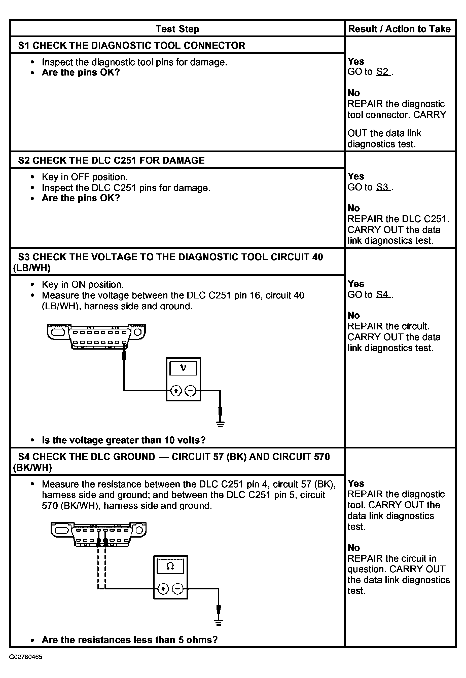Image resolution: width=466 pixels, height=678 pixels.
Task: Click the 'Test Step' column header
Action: pos(177,29)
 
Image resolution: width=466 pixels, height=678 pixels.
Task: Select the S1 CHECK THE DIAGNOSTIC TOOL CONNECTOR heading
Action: pos(131,46)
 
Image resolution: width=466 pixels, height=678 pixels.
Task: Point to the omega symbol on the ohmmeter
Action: pos(170,566)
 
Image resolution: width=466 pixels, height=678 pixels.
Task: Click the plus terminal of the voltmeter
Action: pos(176,391)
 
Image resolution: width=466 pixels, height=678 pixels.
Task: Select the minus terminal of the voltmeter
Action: pos(190,391)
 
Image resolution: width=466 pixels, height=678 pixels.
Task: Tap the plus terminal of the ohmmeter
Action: pos(163,589)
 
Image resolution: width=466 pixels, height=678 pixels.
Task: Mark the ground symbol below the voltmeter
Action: pos(221,424)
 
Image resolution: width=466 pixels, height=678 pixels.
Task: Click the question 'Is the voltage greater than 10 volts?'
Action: pos(124,440)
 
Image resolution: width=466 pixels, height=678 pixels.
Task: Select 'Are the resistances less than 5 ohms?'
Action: pos(130,640)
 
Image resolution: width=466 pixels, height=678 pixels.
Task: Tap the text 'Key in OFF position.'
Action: pos(85,177)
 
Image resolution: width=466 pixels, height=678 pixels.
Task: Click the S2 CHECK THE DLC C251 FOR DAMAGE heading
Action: pos(111,161)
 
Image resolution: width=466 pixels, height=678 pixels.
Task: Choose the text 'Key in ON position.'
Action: pos(83,285)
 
